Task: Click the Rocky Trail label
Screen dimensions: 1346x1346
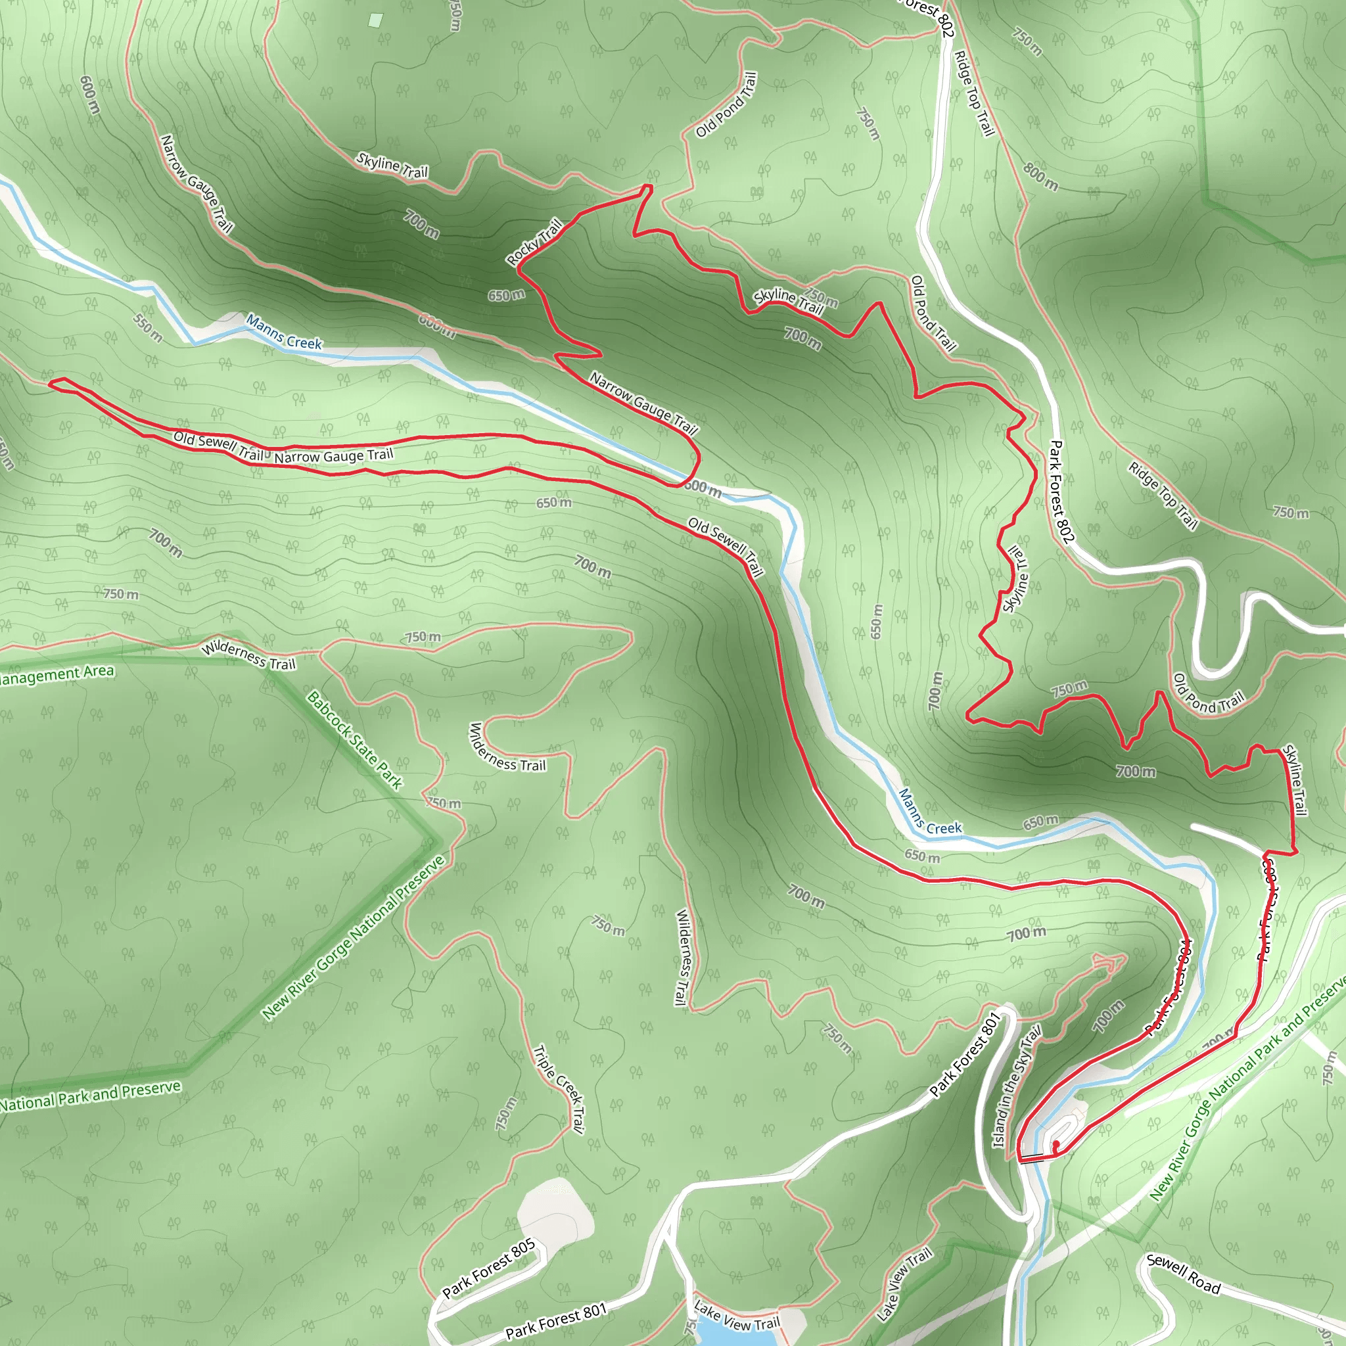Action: click(x=534, y=242)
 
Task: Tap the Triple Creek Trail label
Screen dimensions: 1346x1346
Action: click(x=557, y=1088)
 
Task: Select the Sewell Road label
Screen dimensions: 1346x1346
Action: click(x=1183, y=1274)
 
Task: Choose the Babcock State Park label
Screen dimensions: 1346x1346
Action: click(x=355, y=740)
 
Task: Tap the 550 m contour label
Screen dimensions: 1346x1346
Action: click(x=148, y=328)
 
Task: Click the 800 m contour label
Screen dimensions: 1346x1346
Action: click(x=1041, y=177)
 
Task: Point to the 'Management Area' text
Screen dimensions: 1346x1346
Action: click(x=56, y=674)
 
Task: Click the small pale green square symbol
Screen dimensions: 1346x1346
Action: click(x=375, y=20)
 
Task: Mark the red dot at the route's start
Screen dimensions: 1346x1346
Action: click(x=1056, y=1144)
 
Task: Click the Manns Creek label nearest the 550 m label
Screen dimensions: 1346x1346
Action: click(x=283, y=332)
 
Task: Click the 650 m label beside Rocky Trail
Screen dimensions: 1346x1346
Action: click(x=506, y=295)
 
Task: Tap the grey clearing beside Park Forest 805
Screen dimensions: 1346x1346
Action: click(x=557, y=1209)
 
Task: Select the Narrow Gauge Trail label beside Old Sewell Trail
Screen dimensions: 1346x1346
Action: click(x=334, y=456)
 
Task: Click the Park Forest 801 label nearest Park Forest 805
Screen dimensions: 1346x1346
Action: click(x=556, y=1322)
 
